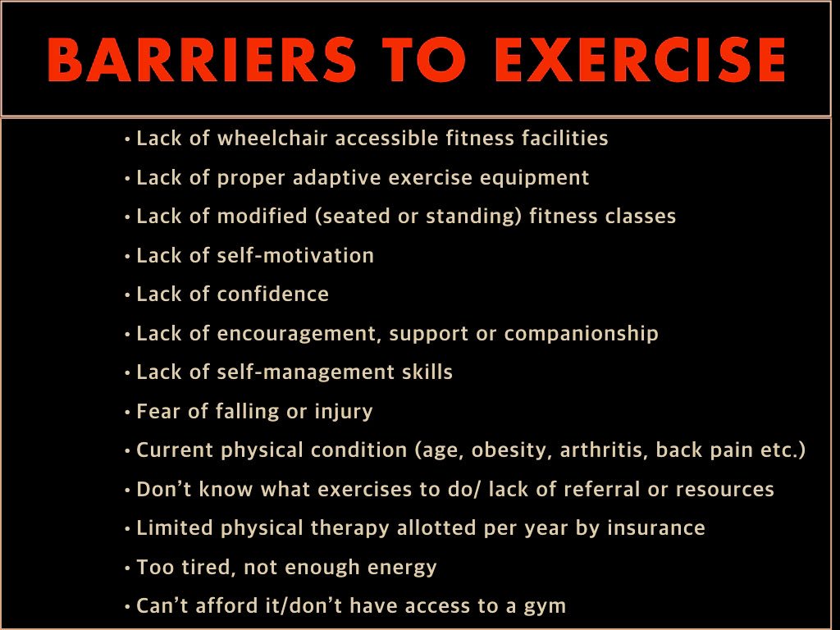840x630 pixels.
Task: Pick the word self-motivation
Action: point(296,255)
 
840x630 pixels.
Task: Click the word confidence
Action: point(273,294)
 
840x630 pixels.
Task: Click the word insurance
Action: point(656,528)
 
